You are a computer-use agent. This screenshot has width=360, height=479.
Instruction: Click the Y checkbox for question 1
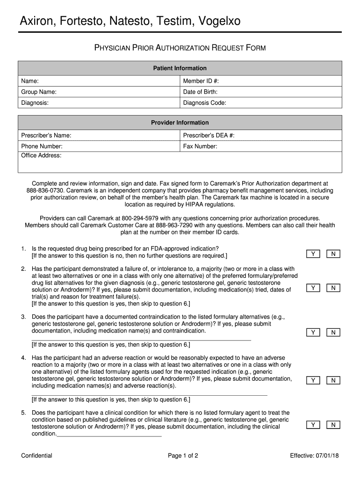tap(313, 254)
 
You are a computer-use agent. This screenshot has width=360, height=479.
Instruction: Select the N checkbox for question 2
tap(333, 288)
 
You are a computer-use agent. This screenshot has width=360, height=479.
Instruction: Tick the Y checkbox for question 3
tap(313, 333)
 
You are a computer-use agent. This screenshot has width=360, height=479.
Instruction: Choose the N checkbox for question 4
tap(333, 380)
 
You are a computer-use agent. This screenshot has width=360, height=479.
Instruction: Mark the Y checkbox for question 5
tap(313, 425)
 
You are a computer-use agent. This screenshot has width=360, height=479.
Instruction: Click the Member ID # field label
tap(201, 81)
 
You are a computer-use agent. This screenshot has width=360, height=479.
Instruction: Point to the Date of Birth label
tap(200, 92)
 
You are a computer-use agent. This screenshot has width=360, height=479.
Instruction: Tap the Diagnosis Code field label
tap(205, 103)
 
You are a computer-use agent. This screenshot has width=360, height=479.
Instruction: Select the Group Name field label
tap(39, 92)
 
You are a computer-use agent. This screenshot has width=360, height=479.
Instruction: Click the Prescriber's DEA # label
tap(209, 135)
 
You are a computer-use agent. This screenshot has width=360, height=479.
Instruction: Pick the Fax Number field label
tap(200, 146)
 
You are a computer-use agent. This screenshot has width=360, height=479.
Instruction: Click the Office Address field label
tap(41, 155)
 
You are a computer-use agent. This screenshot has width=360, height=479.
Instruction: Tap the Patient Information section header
tap(180, 68)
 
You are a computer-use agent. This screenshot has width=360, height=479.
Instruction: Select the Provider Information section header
tap(180, 123)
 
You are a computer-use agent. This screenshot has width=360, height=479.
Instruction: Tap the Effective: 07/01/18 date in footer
tap(313, 456)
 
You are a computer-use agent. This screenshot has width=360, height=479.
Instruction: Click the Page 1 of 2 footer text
tap(183, 456)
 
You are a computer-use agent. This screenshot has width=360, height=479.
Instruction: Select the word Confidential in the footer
tap(36, 456)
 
